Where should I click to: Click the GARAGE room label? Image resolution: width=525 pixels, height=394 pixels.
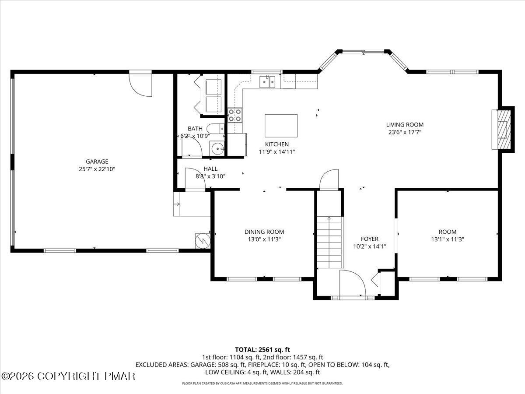pyautogui.click(x=97, y=162)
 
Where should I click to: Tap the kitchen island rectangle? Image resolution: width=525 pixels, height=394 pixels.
pyautogui.click(x=281, y=126)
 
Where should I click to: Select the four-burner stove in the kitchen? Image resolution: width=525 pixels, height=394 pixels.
pyautogui.click(x=234, y=115)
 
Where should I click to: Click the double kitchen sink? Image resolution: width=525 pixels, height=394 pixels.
pyautogui.click(x=268, y=81)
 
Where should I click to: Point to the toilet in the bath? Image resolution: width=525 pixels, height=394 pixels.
pyautogui.click(x=215, y=129)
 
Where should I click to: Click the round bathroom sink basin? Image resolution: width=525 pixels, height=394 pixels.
pyautogui.click(x=217, y=148)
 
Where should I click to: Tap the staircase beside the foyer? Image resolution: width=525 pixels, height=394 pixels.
pyautogui.click(x=329, y=242)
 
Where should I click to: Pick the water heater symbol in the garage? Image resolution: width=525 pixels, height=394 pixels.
pyautogui.click(x=203, y=241)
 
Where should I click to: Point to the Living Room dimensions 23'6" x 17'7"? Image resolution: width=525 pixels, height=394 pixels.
pyautogui.click(x=405, y=132)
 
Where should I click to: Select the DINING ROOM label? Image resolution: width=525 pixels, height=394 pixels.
pyautogui.click(x=264, y=232)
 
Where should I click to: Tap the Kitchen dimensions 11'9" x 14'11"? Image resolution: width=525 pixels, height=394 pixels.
pyautogui.click(x=277, y=151)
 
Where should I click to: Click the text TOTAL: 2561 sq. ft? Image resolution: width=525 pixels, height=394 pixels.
pyautogui.click(x=262, y=350)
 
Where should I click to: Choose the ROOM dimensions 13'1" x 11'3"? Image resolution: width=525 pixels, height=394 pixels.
pyautogui.click(x=448, y=239)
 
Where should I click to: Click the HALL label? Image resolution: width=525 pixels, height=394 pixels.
pyautogui.click(x=210, y=169)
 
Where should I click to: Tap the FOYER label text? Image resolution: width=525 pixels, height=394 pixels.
pyautogui.click(x=370, y=239)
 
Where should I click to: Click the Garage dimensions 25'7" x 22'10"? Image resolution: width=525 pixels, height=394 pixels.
pyautogui.click(x=97, y=169)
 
